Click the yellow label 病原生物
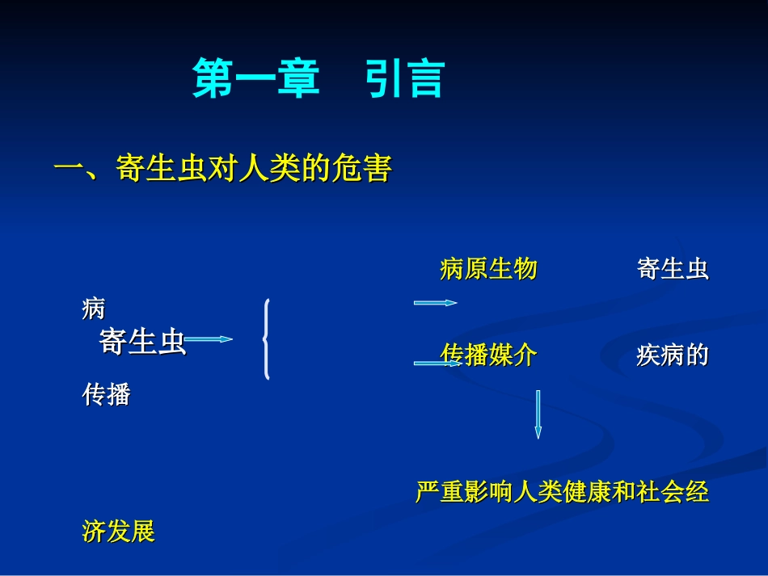click(x=488, y=269)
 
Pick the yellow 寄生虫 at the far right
click(x=673, y=269)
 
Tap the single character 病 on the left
click(x=94, y=308)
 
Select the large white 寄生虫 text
click(x=142, y=342)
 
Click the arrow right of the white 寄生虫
click(x=209, y=340)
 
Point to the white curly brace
click(x=267, y=339)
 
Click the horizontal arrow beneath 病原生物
click(x=435, y=303)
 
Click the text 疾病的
click(x=673, y=355)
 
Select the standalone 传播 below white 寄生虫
click(x=106, y=395)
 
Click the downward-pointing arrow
click(x=538, y=414)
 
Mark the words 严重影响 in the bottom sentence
click(x=464, y=492)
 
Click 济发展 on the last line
click(x=118, y=532)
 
